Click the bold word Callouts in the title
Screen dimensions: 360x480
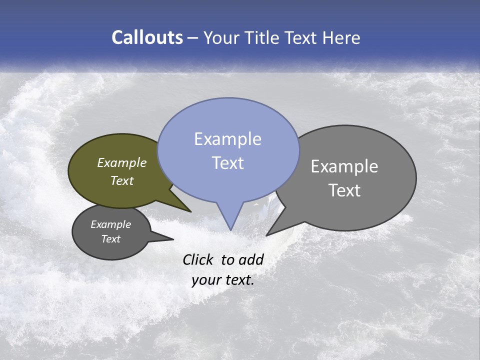[x=147, y=37]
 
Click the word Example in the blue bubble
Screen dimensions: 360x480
[x=227, y=139]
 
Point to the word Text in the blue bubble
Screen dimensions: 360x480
[x=227, y=163]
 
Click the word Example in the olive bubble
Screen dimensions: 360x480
[x=122, y=162]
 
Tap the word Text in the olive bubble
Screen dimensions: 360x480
[x=122, y=180]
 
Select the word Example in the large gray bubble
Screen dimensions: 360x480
[x=344, y=166]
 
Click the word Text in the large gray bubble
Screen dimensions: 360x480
[x=344, y=190]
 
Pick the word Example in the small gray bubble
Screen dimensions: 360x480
[x=110, y=224]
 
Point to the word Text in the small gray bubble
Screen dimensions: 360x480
[x=110, y=239]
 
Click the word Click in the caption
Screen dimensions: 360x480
[x=199, y=259]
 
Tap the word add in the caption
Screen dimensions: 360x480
[x=251, y=259]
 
